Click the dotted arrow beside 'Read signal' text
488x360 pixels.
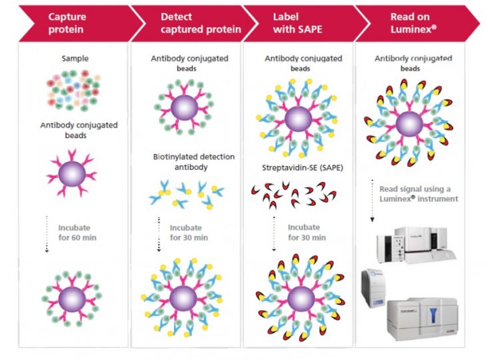(x=371, y=200)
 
